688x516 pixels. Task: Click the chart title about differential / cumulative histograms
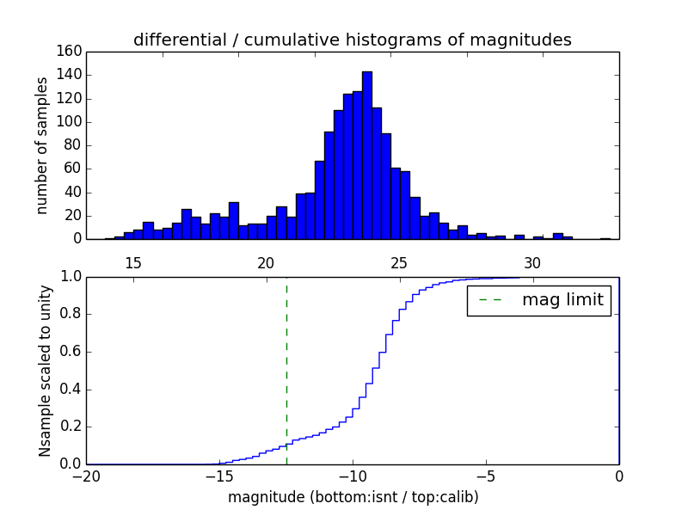pos(353,40)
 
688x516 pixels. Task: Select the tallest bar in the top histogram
pos(367,155)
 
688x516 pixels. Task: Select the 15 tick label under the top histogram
pos(133,262)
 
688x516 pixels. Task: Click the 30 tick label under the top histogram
pos(532,262)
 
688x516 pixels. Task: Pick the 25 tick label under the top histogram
pos(399,262)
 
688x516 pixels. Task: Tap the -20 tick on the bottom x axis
pos(87,475)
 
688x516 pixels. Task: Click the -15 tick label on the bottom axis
pos(219,475)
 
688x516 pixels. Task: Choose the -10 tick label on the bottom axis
pos(353,475)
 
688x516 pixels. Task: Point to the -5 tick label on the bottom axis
pos(486,475)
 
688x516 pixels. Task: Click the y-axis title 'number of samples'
pos(42,145)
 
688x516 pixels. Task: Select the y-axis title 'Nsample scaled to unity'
pos(45,371)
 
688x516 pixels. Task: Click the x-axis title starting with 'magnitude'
pos(353,497)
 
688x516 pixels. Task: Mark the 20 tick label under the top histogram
pos(266,262)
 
